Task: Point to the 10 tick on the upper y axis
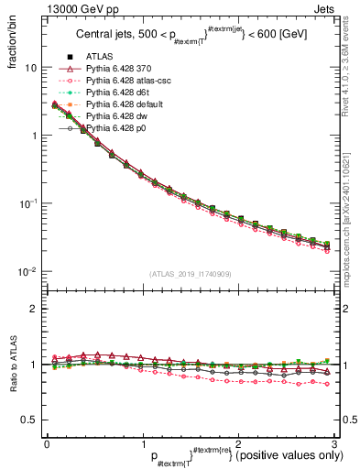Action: (x=30, y=68)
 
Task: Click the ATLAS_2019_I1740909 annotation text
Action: (x=189, y=274)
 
